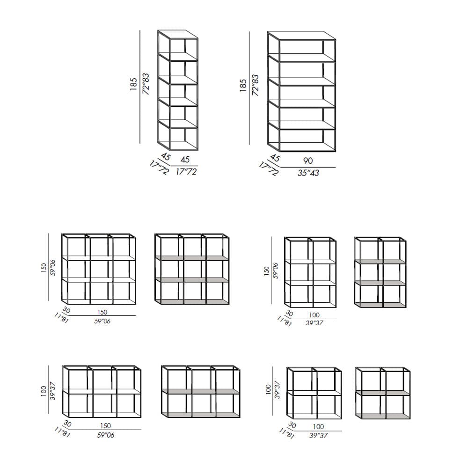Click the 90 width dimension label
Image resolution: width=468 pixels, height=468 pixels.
pyautogui.click(x=308, y=161)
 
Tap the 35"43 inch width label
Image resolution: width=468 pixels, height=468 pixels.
pyautogui.click(x=308, y=173)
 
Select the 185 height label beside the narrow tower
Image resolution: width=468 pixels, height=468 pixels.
pyautogui.click(x=134, y=84)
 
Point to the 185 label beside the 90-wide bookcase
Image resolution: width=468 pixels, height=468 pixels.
pyautogui.click(x=243, y=85)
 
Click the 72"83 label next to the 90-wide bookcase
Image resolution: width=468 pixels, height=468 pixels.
pyautogui.click(x=255, y=85)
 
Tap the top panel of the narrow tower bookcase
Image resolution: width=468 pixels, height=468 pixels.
pyautogui.click(x=178, y=35)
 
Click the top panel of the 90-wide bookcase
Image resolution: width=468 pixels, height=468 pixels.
pyautogui.click(x=302, y=36)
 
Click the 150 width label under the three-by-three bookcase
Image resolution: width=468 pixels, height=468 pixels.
pyautogui.click(x=102, y=312)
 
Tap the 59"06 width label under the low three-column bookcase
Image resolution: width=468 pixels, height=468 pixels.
pyautogui.click(x=105, y=435)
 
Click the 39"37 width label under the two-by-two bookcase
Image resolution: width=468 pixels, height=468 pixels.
pyautogui.click(x=319, y=435)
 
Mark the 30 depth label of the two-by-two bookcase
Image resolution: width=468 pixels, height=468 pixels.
pyautogui.click(x=292, y=425)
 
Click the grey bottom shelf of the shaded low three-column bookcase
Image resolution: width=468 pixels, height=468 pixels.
pyautogui.click(x=200, y=415)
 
